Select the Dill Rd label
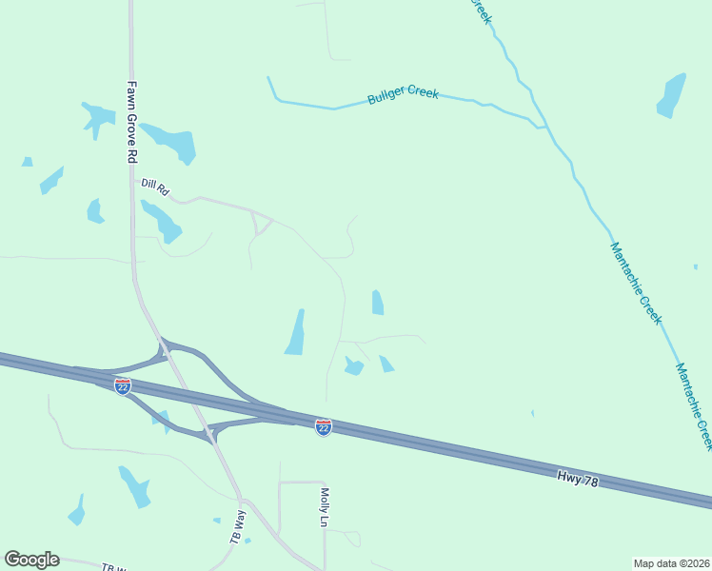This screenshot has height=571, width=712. [154, 187]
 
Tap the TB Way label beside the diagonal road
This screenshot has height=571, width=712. [238, 526]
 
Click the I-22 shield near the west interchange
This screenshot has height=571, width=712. [122, 385]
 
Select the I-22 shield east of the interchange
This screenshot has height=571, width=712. [324, 427]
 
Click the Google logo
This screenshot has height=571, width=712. [31, 560]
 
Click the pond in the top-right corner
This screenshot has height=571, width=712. [671, 95]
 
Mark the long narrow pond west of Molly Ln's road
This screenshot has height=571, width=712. [296, 333]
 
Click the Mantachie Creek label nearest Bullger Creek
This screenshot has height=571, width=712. [635, 283]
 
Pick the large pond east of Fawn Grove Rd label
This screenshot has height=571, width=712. [170, 142]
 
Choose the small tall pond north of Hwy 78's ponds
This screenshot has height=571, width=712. [378, 303]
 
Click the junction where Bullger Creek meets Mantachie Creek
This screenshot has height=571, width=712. [544, 126]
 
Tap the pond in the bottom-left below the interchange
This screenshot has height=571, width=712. [134, 486]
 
